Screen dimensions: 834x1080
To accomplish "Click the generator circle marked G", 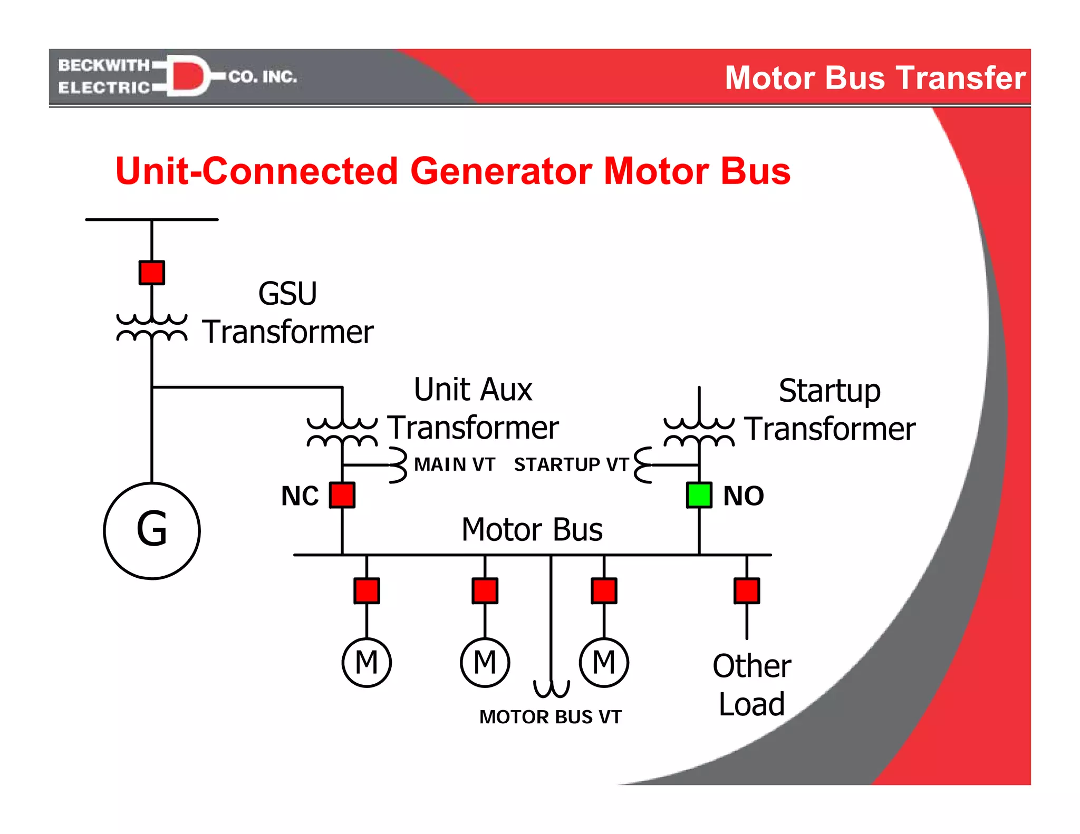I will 152,530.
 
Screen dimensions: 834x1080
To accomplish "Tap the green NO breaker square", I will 699,495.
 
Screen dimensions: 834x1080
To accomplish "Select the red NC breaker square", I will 342,495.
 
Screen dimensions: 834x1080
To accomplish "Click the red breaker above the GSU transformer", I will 152,273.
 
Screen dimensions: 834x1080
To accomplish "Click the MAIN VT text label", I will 455,464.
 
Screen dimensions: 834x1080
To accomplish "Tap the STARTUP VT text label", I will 571,464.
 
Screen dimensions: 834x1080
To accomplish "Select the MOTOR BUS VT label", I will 551,717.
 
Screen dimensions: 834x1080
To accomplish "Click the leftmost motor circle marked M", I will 367,662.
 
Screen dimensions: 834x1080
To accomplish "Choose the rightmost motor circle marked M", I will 604,662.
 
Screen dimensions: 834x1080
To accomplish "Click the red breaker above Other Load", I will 747,590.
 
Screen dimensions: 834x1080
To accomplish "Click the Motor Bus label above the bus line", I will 532,529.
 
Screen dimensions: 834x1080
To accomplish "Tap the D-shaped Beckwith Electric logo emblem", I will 188,76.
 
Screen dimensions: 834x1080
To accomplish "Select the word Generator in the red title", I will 501,171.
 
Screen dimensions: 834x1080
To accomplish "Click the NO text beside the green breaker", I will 743,496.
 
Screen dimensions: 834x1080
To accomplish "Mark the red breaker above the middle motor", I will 485,590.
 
